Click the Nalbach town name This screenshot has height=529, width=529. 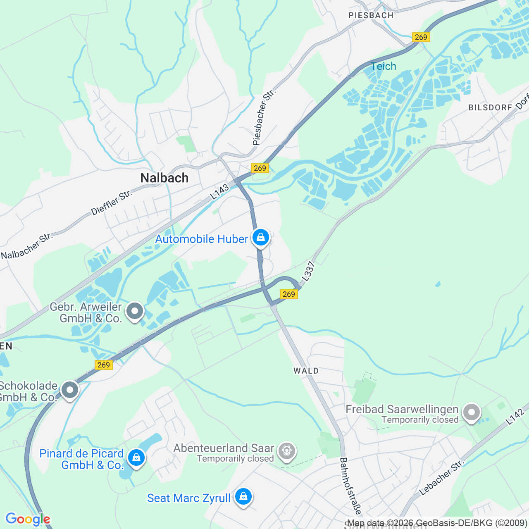coord(164,178)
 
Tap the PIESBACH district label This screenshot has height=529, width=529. coord(371,16)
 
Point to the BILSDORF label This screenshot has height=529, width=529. coord(490,107)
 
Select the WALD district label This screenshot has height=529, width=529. coord(306,371)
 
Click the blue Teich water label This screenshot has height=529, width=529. coord(383,66)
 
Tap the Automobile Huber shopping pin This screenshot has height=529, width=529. coord(261,238)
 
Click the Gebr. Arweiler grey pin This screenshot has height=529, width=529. coord(135,311)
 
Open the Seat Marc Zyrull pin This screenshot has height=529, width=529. coord(243,497)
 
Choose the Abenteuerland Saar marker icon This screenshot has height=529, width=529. coord(287,450)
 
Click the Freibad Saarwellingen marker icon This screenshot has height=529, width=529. coord(471,412)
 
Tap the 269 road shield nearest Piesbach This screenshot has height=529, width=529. coord(421,37)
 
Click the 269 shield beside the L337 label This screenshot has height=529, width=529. coord(289,294)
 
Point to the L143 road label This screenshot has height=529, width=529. coord(219,192)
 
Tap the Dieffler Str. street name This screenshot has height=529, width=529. coord(112,203)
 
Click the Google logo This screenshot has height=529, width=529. coord(28,519)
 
